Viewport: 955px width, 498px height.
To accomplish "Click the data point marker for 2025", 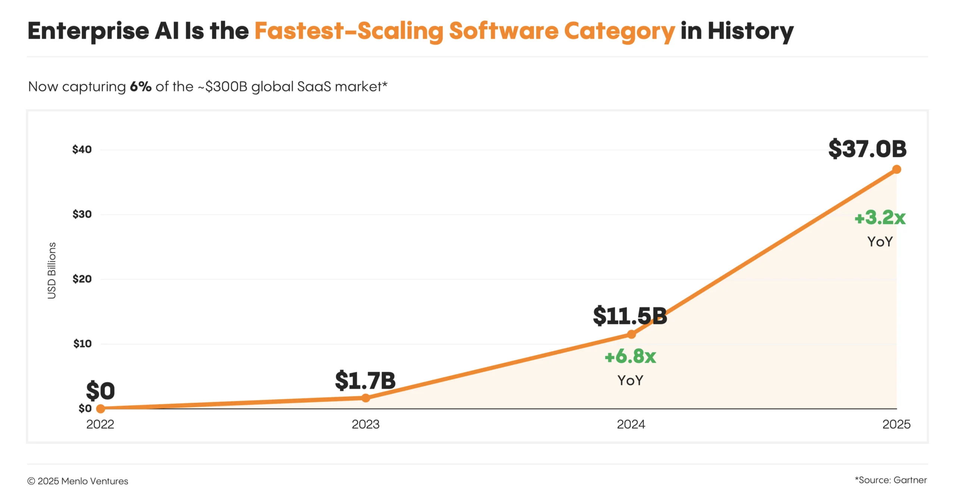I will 896,170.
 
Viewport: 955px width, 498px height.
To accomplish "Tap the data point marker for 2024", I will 631,334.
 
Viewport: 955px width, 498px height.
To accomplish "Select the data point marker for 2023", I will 366,398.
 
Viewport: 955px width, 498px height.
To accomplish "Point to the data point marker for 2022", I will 100,409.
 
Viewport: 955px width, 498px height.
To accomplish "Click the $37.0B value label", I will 867,149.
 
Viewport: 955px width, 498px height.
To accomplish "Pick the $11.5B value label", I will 630,316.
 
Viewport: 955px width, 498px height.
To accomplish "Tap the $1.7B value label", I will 365,381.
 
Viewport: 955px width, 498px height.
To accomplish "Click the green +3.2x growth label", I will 880,218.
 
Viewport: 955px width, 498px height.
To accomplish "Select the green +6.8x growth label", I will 630,356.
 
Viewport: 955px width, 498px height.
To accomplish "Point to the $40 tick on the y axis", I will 82,150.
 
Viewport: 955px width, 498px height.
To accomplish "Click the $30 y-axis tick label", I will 82,214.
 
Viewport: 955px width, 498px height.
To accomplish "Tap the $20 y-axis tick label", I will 82,279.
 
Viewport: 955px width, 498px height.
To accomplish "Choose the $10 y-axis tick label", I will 82,344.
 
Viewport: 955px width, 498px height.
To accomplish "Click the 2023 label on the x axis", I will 366,424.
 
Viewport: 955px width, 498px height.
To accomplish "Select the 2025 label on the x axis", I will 896,424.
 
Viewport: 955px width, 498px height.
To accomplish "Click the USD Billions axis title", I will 52,270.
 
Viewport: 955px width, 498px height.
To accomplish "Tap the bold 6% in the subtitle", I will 140,86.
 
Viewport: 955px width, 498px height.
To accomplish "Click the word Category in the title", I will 619,31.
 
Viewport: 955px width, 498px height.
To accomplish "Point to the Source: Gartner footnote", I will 891,480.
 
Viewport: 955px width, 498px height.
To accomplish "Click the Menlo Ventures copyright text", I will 78,481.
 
